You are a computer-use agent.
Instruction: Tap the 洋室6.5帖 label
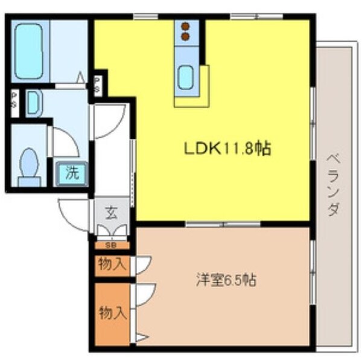(x=226, y=280)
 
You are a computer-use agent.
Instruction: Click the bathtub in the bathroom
(x=28, y=51)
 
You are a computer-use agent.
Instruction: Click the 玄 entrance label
(x=112, y=213)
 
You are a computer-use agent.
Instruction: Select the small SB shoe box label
(x=112, y=245)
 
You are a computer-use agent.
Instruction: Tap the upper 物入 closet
(x=113, y=265)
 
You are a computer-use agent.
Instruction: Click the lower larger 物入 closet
(x=113, y=313)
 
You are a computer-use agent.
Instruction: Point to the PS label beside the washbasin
(x=14, y=103)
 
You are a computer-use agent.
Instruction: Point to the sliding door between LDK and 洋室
(x=223, y=224)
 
